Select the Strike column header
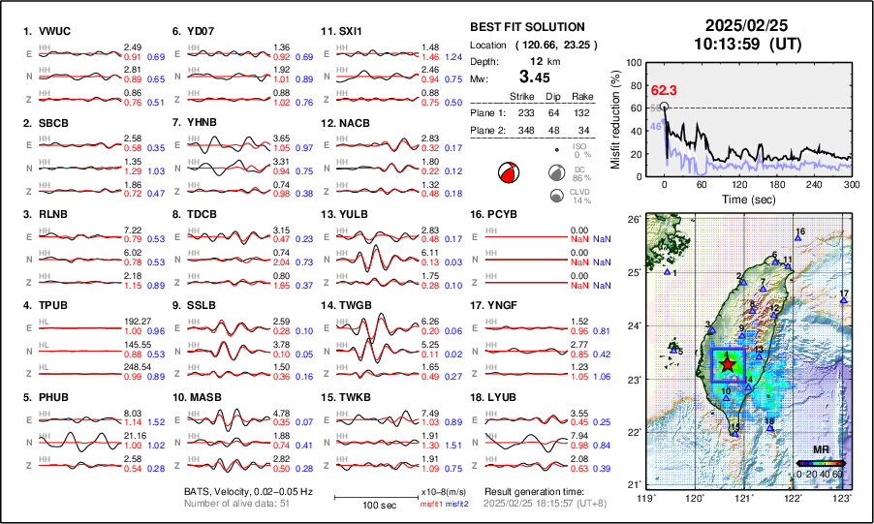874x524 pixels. pyautogui.click(x=522, y=97)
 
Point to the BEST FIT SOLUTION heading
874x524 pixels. pyautogui.click(x=526, y=27)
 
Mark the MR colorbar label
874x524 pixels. pyautogui.click(x=819, y=450)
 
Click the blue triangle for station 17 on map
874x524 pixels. pyautogui.click(x=843, y=302)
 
